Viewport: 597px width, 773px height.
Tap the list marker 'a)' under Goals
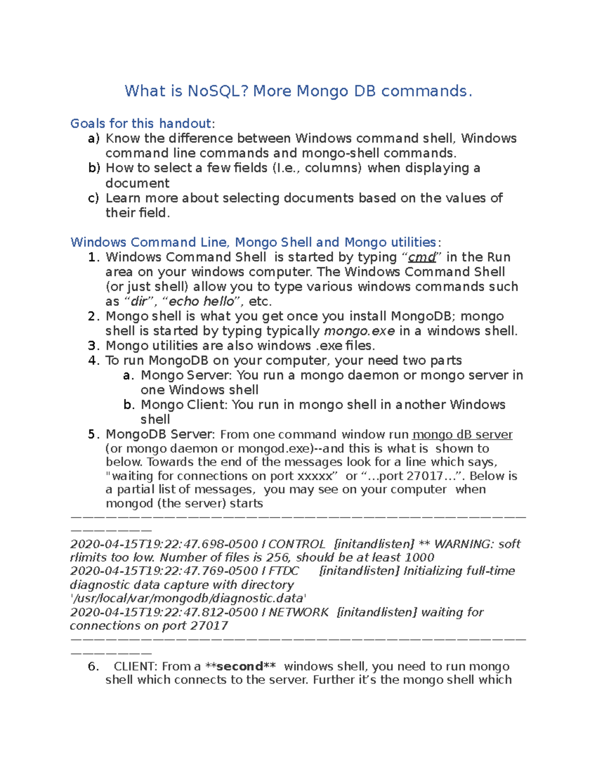click(x=94, y=138)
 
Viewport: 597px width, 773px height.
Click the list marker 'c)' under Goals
click(x=94, y=198)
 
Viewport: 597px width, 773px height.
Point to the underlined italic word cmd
click(x=422, y=257)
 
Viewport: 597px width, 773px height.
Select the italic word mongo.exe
click(x=359, y=331)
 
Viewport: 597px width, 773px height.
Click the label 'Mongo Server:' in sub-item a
click(x=187, y=375)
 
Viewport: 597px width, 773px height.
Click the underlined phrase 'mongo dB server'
click(x=463, y=435)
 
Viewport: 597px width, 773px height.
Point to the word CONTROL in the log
click(x=297, y=544)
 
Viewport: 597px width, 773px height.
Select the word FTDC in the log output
click(x=284, y=571)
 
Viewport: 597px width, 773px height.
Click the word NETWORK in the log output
click(x=298, y=612)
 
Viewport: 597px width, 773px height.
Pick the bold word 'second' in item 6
click(x=239, y=666)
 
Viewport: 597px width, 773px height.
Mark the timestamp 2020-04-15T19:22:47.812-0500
click(x=164, y=612)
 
